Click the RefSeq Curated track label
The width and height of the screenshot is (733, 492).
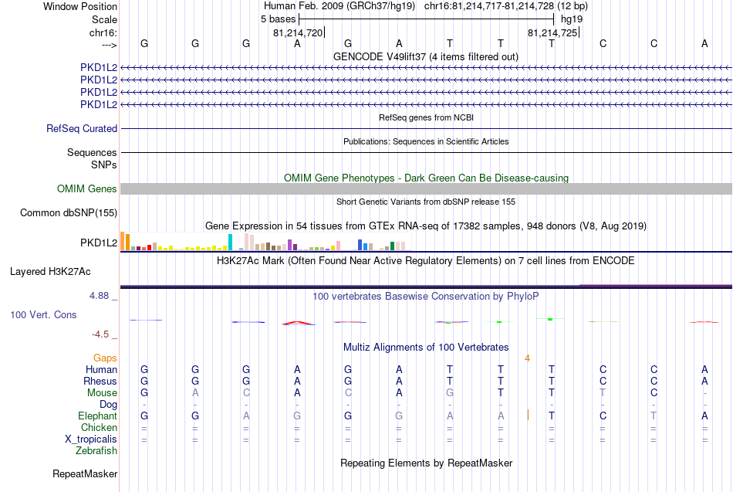click(x=82, y=129)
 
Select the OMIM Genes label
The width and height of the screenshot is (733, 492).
click(x=87, y=188)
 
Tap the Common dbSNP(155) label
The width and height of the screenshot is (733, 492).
click(x=69, y=213)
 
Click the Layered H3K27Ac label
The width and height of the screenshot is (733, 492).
click(x=50, y=272)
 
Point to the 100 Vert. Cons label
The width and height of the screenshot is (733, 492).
click(x=43, y=314)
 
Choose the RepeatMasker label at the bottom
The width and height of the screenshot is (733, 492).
click(x=85, y=473)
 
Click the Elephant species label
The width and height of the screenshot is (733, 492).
click(x=98, y=416)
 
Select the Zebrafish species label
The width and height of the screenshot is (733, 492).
click(x=96, y=451)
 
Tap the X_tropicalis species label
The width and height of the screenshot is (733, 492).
click(x=91, y=439)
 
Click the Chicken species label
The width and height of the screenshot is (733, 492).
click(x=99, y=427)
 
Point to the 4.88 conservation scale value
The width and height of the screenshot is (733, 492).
click(x=99, y=296)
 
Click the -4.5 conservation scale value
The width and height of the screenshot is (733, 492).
click(x=100, y=334)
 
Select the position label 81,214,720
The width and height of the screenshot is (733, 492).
click(x=298, y=32)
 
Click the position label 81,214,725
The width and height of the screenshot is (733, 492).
click(x=552, y=32)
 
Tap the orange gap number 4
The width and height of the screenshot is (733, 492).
click(x=527, y=358)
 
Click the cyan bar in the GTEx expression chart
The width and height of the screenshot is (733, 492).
click(x=230, y=242)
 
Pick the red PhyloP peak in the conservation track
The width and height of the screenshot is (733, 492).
click(x=299, y=323)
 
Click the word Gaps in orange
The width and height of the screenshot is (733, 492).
click(x=105, y=358)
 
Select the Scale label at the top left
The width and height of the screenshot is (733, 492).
click(x=104, y=19)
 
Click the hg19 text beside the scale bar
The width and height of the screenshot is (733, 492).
click(x=572, y=19)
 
